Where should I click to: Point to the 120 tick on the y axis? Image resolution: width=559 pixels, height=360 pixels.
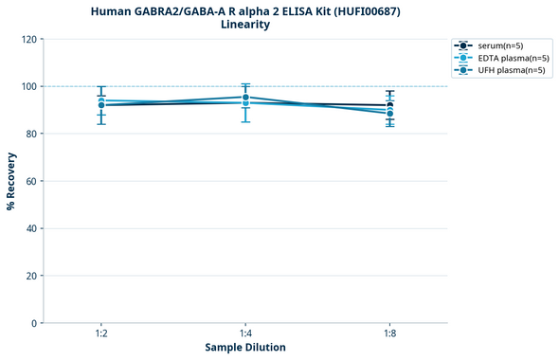(27, 39)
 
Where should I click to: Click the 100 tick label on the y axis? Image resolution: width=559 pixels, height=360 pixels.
(27, 86)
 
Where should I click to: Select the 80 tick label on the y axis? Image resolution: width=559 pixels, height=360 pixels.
(30, 134)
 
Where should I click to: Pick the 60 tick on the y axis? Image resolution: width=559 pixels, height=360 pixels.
(30, 181)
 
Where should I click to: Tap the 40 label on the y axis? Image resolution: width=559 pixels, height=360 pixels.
(30, 228)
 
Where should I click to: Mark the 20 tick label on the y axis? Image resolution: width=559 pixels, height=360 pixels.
(30, 276)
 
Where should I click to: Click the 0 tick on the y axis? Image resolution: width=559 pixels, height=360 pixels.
(33, 323)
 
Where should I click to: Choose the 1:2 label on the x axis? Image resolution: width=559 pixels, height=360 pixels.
(100, 334)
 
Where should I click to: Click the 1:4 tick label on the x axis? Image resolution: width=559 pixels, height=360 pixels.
(245, 334)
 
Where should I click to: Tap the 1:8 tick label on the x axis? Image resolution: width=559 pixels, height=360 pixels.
(389, 334)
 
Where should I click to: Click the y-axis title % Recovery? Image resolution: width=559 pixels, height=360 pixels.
(11, 181)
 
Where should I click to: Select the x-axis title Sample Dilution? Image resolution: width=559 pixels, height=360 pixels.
(245, 348)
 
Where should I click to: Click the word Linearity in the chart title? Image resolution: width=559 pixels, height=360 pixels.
(245, 25)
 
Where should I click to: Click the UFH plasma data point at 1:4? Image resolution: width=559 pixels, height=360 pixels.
(245, 97)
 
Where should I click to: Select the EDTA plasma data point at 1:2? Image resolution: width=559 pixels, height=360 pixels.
(100, 100)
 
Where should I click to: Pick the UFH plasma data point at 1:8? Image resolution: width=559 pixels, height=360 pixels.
(389, 114)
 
